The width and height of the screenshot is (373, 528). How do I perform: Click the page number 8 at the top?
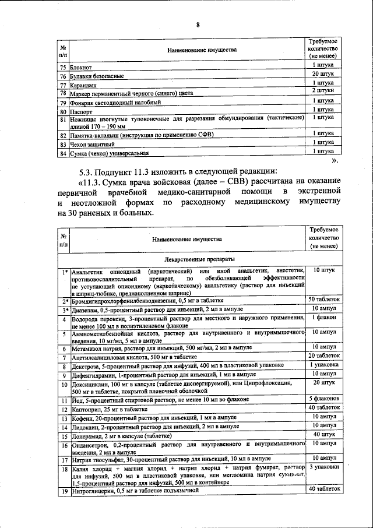pyautogui.click(x=198, y=24)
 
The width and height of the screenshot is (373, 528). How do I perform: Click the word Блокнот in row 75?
pyautogui.click(x=81, y=68)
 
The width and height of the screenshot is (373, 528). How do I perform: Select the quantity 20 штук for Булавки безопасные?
pyautogui.click(x=322, y=75)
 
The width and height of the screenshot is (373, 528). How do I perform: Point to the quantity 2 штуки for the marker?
pyautogui.click(x=322, y=91)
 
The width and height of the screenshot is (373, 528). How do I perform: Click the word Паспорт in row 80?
pyautogui.click(x=81, y=111)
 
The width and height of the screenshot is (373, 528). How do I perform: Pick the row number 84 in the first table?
pyautogui.click(x=63, y=153)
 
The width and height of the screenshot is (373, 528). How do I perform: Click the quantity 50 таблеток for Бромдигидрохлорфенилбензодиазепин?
pyautogui.click(x=323, y=300)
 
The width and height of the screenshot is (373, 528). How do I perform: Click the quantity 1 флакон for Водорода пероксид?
pyautogui.click(x=323, y=317)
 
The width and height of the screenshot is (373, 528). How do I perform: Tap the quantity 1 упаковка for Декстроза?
pyautogui.click(x=323, y=365)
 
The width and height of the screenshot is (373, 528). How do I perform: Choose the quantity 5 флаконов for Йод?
pyautogui.click(x=323, y=398)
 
